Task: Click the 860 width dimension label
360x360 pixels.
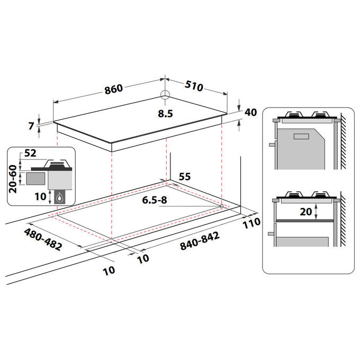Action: tap(114, 89)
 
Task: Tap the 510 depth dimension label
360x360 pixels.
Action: tap(194, 86)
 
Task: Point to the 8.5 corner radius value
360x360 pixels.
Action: tap(165, 114)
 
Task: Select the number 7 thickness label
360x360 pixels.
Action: tap(31, 126)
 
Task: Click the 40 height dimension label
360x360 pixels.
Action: tap(250, 112)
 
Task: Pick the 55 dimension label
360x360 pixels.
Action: tap(185, 176)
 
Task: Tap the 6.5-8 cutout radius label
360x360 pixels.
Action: tap(155, 200)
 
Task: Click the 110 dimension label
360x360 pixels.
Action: tap(251, 223)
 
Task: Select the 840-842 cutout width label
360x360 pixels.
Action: tap(200, 241)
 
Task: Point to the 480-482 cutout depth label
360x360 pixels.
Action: tap(43, 239)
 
